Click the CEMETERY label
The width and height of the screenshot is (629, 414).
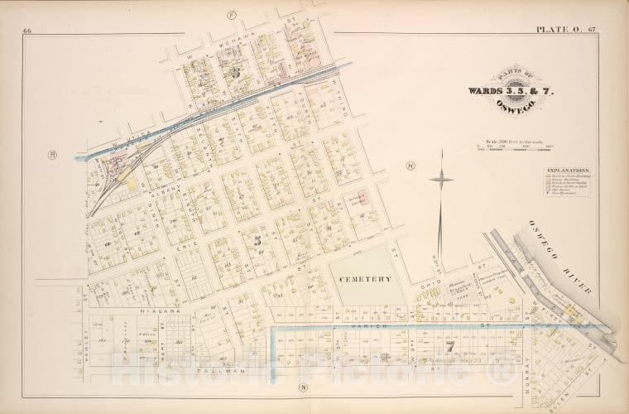(365, 280)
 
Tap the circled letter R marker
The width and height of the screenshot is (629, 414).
(51, 154)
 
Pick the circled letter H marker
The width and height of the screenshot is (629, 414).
(410, 166)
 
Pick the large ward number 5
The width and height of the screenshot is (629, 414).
(258, 240)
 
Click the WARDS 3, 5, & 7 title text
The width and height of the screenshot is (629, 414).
(500, 89)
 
